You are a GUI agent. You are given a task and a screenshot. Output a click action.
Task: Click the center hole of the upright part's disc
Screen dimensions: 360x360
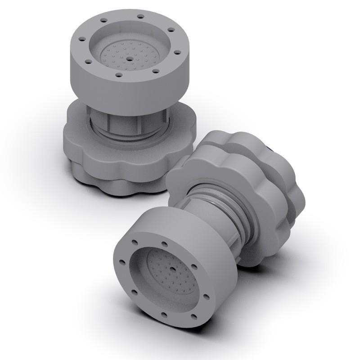[130, 58]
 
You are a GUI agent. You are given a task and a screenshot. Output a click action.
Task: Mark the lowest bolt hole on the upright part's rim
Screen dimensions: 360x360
[119, 75]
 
